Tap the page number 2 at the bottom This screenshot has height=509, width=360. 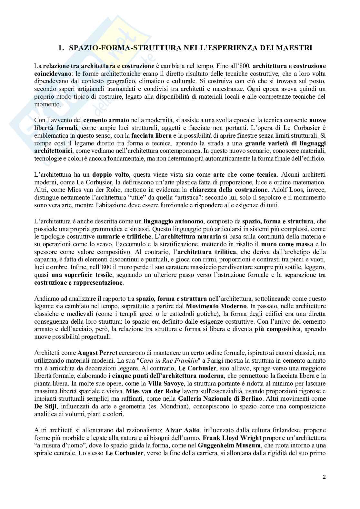pyautogui.click(x=324, y=477)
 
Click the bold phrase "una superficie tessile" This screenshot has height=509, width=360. pyautogui.click(x=82, y=275)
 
